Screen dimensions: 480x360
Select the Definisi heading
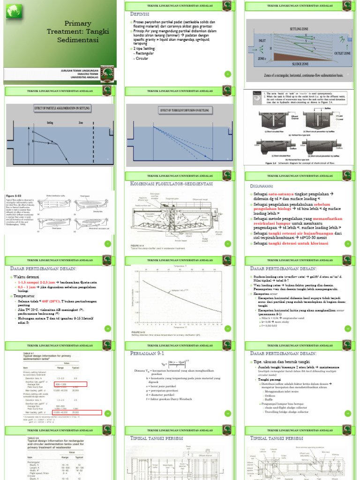[140, 14]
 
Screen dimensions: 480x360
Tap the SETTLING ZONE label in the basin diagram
[299, 29]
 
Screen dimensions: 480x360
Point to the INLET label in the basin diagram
[257, 40]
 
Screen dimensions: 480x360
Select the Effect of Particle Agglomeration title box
[61, 108]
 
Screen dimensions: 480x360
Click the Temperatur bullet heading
[25, 297]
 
